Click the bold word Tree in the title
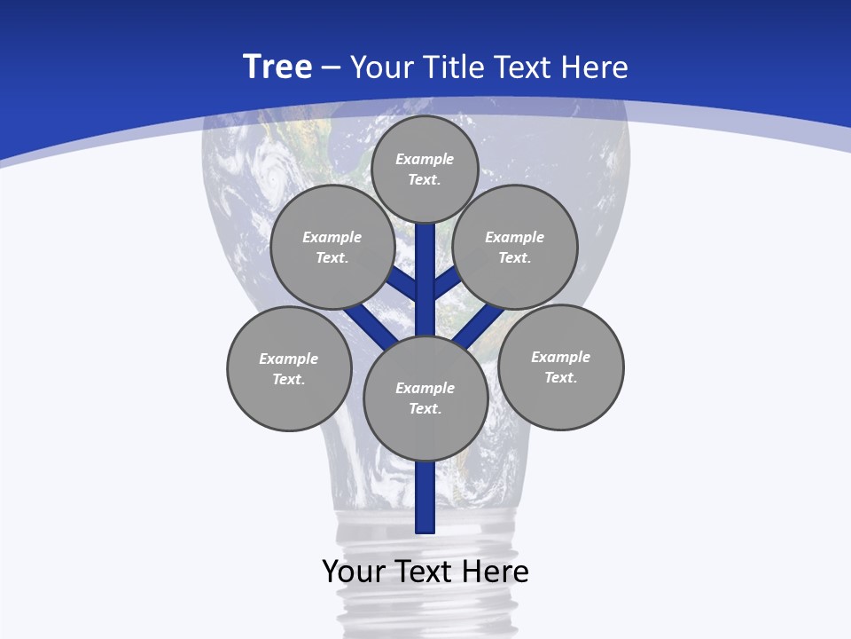[x=277, y=67]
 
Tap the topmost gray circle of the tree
[x=425, y=169]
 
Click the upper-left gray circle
[x=332, y=247]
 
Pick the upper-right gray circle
[x=515, y=247]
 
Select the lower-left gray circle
[x=289, y=368]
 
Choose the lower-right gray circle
[x=560, y=367]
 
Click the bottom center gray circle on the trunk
[x=425, y=398]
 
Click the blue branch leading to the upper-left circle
[x=402, y=284]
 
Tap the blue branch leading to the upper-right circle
[x=447, y=282]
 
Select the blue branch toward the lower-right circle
[x=480, y=323]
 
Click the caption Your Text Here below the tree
[x=425, y=572]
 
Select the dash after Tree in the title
[x=331, y=67]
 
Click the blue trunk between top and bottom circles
[x=425, y=284]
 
